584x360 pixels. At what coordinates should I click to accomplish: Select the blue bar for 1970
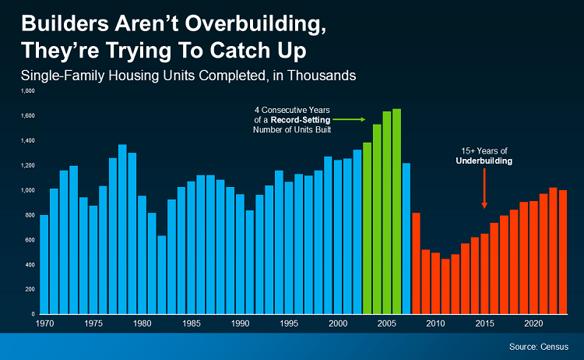pos(44,264)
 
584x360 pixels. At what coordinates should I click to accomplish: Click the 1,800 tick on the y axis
pos(30,91)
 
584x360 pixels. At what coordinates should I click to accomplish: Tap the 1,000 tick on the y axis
pos(30,190)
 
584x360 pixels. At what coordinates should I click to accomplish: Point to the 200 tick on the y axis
pos(32,289)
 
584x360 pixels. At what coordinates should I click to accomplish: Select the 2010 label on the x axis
pos(435,323)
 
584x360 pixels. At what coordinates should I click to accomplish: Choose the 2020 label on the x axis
pos(533,323)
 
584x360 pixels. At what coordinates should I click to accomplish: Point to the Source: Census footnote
pos(537,345)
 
